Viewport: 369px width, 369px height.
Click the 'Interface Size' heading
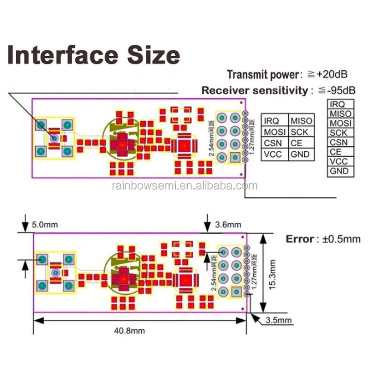click(x=94, y=55)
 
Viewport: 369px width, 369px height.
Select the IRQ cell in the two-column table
click(x=272, y=121)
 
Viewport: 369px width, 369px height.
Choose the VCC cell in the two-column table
click(x=272, y=154)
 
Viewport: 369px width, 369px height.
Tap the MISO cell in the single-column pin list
click(x=340, y=114)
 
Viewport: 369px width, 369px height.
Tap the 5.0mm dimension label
click(x=45, y=226)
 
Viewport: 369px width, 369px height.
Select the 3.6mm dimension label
click(x=228, y=225)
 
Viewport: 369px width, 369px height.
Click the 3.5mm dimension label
click(x=279, y=320)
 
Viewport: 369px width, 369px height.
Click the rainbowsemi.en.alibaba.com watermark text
click(x=184, y=186)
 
